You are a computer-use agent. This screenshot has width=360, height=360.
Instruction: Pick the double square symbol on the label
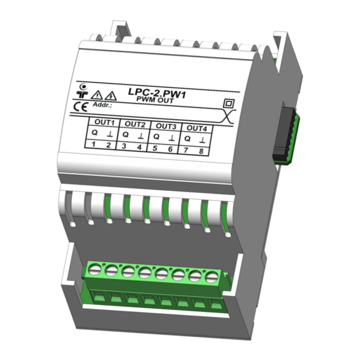pos(226,104)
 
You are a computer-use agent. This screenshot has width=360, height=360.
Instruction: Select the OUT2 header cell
pos(134,124)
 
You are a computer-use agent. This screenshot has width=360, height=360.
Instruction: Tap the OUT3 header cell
pos(166,126)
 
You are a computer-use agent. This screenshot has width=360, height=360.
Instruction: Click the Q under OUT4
pos(188,138)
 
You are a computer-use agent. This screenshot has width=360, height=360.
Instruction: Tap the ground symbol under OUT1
pos(109,134)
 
